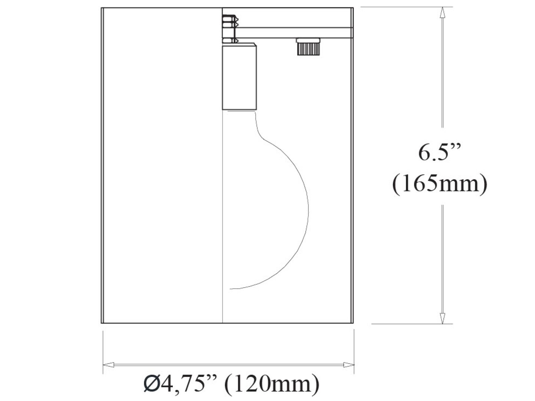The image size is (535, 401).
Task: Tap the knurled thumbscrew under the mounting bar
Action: coord(307,47)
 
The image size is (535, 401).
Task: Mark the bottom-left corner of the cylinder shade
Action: coord(102,323)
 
